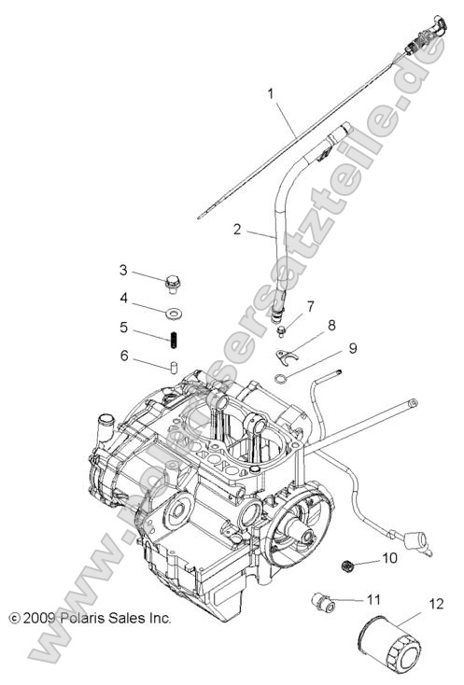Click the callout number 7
click(310, 305)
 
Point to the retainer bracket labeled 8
click(288, 355)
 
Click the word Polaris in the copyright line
click(89, 618)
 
